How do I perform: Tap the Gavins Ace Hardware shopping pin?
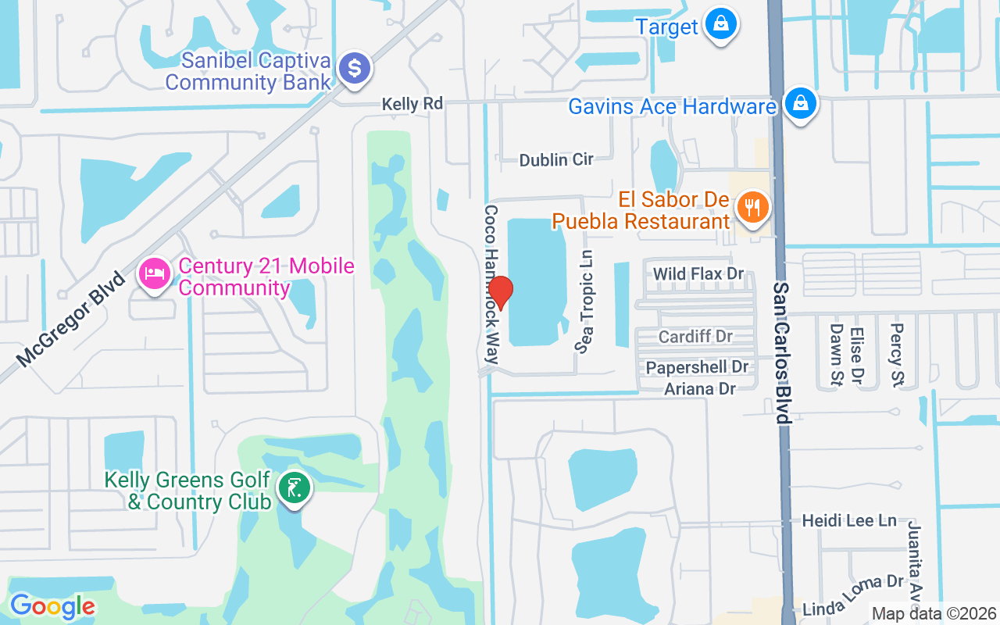coord(801,102)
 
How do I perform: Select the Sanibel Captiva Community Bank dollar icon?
coord(355,69)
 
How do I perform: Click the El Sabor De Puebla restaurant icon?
coord(752,208)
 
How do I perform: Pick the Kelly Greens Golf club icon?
coord(294,489)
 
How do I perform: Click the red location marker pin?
coord(500,292)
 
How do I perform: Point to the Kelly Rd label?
coord(412,104)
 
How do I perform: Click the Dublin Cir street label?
coord(556,159)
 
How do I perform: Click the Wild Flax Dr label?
coord(698,274)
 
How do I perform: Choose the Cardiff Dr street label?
coord(695,337)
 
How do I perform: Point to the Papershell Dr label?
coord(697,367)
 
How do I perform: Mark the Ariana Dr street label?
coord(701,388)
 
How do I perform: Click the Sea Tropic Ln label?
coord(585,301)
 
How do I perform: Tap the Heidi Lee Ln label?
coord(849,520)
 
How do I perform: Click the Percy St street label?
coord(896,355)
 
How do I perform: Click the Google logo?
coord(52,606)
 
